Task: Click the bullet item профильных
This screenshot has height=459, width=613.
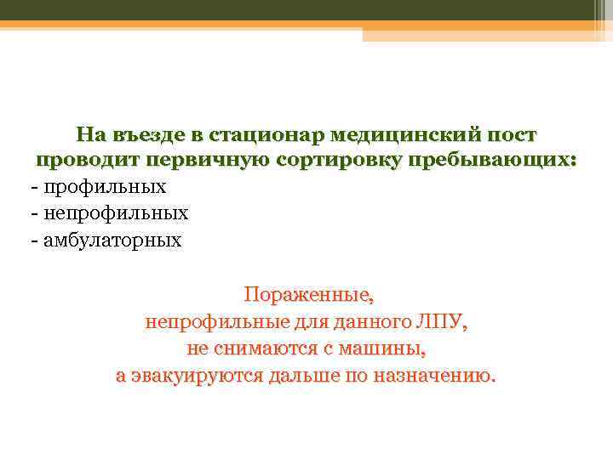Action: click(x=102, y=187)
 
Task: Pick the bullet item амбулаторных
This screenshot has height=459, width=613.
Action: click(x=111, y=240)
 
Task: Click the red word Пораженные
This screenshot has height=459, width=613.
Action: click(x=308, y=296)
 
